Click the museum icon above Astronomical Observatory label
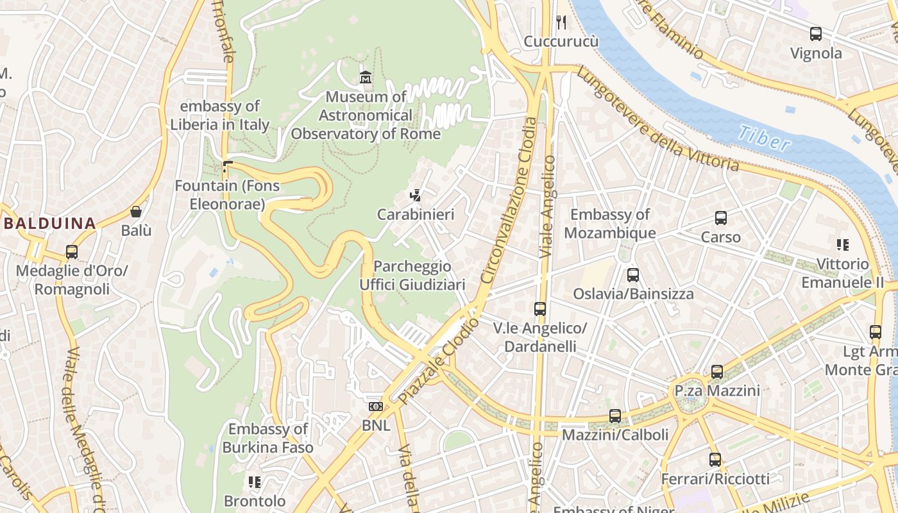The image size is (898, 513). (x=366, y=78)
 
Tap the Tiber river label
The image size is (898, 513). (x=764, y=138)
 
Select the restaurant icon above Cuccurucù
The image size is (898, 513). (x=561, y=23)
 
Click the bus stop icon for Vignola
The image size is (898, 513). (x=816, y=34)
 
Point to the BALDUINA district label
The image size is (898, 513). (x=49, y=224)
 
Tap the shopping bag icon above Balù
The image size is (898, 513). (x=136, y=212)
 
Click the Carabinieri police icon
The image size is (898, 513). (x=416, y=196)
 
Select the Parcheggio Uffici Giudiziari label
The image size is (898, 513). (x=412, y=275)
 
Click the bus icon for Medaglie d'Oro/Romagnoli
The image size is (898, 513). (x=72, y=252)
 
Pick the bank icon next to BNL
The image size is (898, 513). (x=376, y=407)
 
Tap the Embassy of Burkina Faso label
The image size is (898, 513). (x=267, y=438)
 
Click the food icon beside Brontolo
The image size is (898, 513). (x=255, y=482)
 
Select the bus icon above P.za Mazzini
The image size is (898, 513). (x=717, y=372)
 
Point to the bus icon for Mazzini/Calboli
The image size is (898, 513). (x=615, y=416)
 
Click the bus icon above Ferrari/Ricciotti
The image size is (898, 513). (x=715, y=460)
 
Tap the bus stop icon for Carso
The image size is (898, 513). (x=721, y=218)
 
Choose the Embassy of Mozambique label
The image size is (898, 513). (x=609, y=224)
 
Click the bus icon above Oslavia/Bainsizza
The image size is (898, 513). (x=633, y=275)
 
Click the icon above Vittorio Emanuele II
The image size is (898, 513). (x=843, y=245)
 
